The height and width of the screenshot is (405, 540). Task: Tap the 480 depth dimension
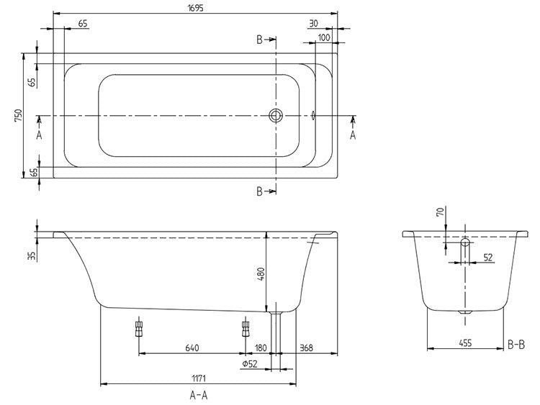262,274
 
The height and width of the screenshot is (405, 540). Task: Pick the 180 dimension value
261,348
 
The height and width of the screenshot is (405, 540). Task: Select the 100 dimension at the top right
323,37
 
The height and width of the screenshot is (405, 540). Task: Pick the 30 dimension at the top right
313,23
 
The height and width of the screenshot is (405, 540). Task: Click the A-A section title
199,395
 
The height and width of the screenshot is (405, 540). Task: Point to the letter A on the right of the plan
353,134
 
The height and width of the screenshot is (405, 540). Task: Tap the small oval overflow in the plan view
314,115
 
